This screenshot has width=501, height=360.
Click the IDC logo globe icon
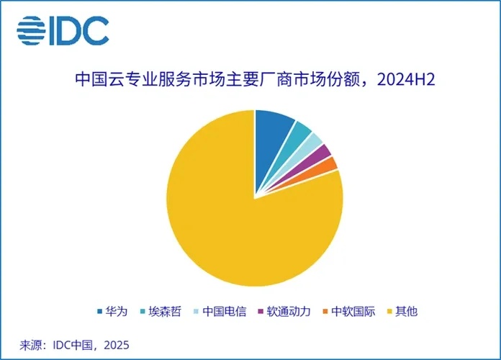pos(31,31)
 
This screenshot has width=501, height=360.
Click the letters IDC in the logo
pos(80,31)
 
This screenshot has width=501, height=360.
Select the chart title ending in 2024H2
pos(255,79)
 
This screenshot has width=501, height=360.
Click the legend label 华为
pos(117,312)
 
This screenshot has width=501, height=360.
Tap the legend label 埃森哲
pos(165,312)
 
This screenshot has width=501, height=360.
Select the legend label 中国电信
pos(225,312)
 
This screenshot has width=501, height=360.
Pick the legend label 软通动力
pos(289,312)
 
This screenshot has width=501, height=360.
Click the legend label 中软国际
pos(353,312)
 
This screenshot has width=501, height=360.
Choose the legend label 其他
pos(407,312)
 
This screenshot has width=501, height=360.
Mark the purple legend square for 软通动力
pos(261,312)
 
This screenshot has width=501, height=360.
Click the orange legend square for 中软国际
pos(325,312)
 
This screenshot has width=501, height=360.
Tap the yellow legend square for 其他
pos(389,312)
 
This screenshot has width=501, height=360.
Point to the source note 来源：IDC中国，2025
pos(74,346)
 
